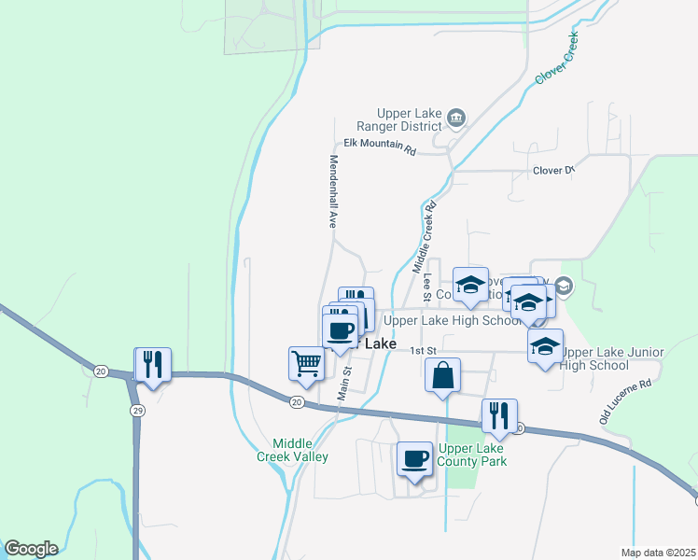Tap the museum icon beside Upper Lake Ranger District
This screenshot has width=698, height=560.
tap(456, 117)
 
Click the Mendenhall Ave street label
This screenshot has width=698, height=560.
tap(331, 191)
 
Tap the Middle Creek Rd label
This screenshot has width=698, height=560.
tap(425, 237)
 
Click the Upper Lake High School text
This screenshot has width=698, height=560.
tap(453, 321)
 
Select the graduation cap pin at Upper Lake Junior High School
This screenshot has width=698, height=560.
tap(545, 347)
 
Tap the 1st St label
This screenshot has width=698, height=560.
tap(425, 349)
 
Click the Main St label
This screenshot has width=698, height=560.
tap(345, 383)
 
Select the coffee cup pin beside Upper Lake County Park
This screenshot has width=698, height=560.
tap(414, 458)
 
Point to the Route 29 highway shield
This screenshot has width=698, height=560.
tap(136, 411)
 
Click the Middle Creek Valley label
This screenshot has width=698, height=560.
tap(293, 450)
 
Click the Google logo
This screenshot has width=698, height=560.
tap(31, 549)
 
